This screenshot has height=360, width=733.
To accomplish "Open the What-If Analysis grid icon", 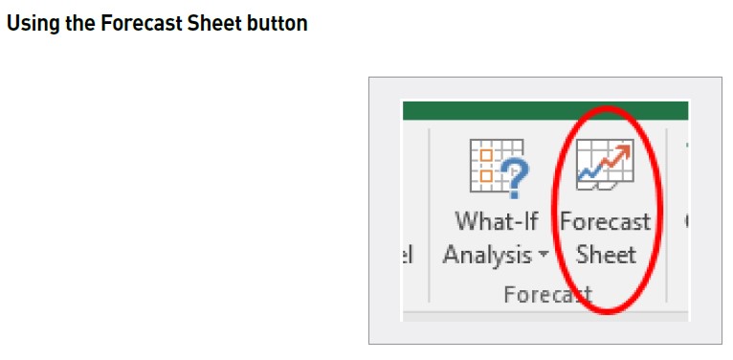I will point(486,164).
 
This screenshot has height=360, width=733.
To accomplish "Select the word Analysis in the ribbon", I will point(487,255).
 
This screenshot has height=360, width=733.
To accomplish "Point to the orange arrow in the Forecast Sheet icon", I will point(619,152).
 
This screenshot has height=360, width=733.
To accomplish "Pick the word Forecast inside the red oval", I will point(605,221).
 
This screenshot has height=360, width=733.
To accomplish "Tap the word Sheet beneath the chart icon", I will point(606,255).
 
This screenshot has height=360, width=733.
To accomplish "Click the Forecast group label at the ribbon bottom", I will point(546,294).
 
